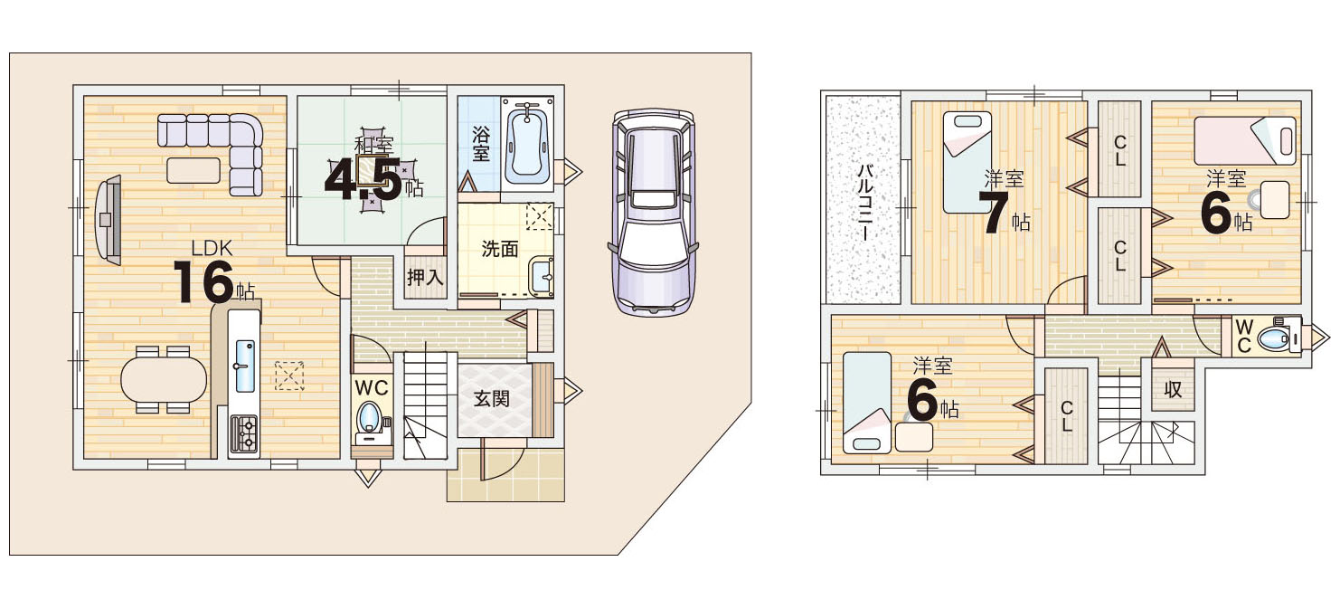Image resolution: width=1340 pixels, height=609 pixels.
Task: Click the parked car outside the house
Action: point(653,213)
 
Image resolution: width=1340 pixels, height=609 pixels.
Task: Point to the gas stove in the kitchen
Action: point(244,433)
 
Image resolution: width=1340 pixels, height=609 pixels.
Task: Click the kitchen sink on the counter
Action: point(245,366)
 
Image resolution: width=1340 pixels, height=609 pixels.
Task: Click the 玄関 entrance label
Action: point(491,399)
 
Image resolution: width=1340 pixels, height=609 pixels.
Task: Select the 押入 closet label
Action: point(425,277)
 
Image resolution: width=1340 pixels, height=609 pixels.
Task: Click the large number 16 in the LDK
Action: point(203,281)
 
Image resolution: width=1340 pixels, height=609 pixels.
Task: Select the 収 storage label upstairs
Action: point(1173,389)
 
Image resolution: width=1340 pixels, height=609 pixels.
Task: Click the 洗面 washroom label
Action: point(499,249)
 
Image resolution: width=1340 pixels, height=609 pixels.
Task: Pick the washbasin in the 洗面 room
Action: point(542,276)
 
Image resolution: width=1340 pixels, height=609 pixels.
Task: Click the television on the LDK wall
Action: point(109,219)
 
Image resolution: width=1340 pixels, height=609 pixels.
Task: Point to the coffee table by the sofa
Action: point(193,169)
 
